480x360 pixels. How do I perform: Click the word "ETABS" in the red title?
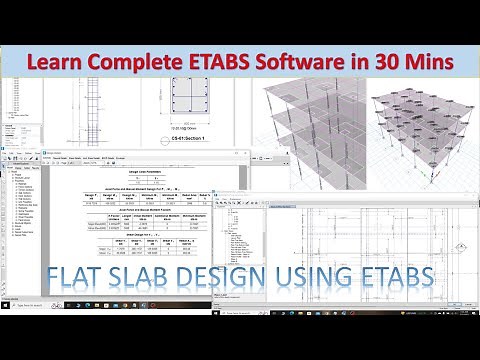click(222, 62)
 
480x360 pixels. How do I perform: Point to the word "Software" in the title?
click(302, 62)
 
